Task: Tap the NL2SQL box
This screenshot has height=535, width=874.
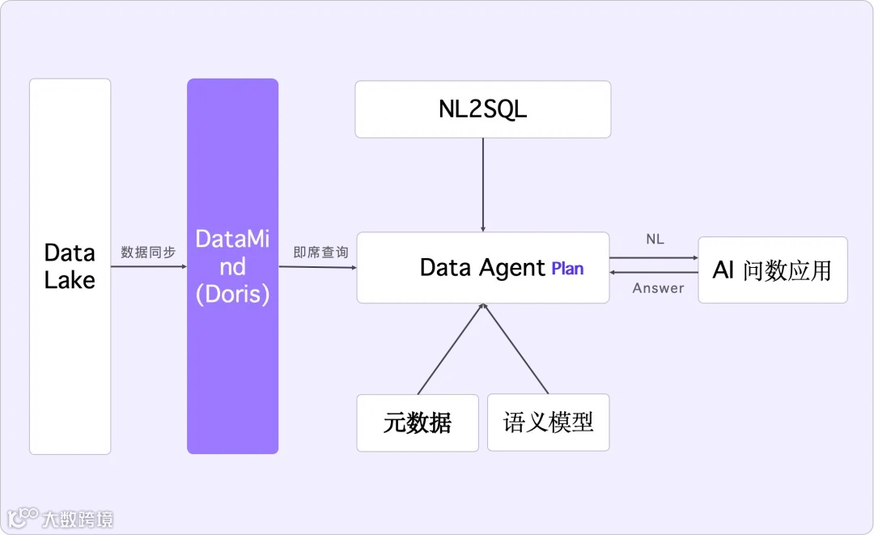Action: click(482, 109)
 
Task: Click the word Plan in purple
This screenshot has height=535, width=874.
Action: click(567, 269)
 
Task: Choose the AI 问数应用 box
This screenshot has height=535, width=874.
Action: click(772, 270)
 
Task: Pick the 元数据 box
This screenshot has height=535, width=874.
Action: click(418, 422)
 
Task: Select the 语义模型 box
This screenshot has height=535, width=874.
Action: click(548, 422)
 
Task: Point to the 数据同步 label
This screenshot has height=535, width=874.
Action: click(148, 253)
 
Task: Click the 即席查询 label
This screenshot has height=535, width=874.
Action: click(320, 253)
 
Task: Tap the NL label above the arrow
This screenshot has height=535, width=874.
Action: click(655, 240)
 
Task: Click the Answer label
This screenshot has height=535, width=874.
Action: click(658, 288)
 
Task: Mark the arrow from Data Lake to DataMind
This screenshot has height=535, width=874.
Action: click(149, 266)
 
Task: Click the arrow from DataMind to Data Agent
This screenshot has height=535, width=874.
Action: click(317, 267)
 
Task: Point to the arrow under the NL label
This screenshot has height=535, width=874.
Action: click(654, 257)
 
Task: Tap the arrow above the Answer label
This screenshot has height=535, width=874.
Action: click(654, 273)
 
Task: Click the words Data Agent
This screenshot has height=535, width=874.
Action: click(482, 268)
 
